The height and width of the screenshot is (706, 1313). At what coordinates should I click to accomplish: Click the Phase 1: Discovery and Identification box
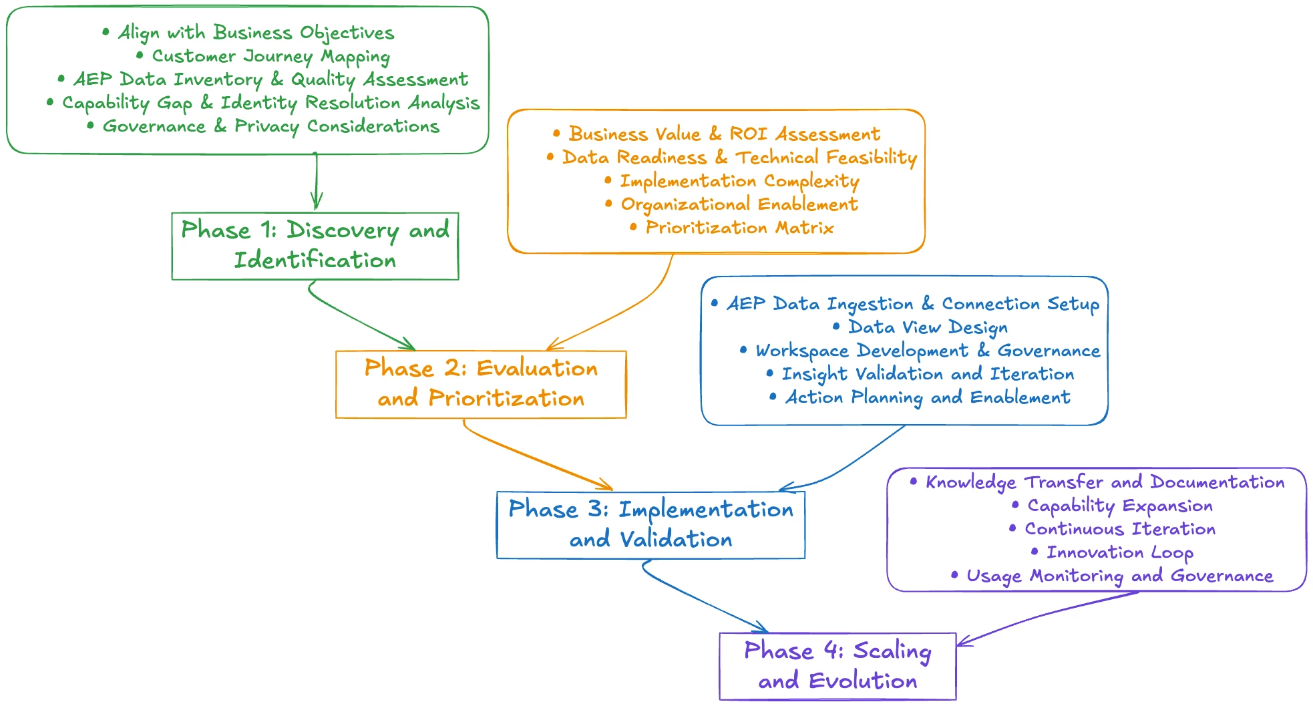click(315, 246)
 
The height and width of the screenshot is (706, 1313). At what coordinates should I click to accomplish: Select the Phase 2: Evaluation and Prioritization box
click(481, 384)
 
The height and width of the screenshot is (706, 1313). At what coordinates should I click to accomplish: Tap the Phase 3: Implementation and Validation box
click(650, 524)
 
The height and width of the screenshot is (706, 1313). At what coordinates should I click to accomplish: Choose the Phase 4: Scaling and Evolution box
click(837, 666)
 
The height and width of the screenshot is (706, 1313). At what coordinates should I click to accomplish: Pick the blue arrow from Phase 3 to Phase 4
click(701, 598)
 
